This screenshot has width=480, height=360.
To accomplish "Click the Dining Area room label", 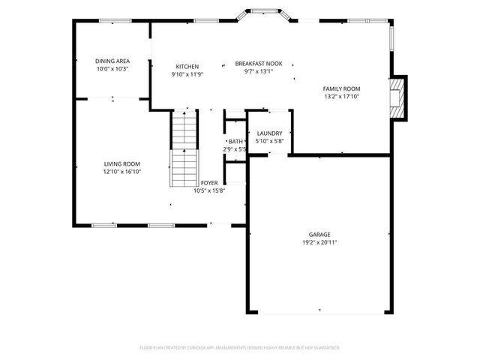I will point(112,61).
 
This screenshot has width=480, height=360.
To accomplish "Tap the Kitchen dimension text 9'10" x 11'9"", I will point(187,73).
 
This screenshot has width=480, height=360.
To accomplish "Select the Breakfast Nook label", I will point(258,64).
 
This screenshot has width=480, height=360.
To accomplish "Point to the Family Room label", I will point(341,88).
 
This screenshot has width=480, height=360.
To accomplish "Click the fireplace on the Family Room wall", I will point(399,97).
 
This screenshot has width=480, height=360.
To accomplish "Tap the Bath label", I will point(235,141).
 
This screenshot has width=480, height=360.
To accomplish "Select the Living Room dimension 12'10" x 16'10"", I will point(121,172).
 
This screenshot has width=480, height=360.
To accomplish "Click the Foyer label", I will point(208,182).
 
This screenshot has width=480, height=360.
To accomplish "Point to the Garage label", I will point(319,234).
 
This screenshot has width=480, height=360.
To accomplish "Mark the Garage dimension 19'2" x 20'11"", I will point(319,242).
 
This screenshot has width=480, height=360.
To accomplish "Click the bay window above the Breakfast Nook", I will point(263,16).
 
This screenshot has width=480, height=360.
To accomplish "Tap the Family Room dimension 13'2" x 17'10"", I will point(341,97).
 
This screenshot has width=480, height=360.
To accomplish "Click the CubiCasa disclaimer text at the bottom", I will point(240,347).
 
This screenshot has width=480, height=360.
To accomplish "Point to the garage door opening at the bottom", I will point(319,313).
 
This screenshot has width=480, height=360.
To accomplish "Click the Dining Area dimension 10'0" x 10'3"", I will point(112,69).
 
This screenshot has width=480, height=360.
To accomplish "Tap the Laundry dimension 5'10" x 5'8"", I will point(269,141).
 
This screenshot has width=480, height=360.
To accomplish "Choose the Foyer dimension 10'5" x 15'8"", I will point(209,190).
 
